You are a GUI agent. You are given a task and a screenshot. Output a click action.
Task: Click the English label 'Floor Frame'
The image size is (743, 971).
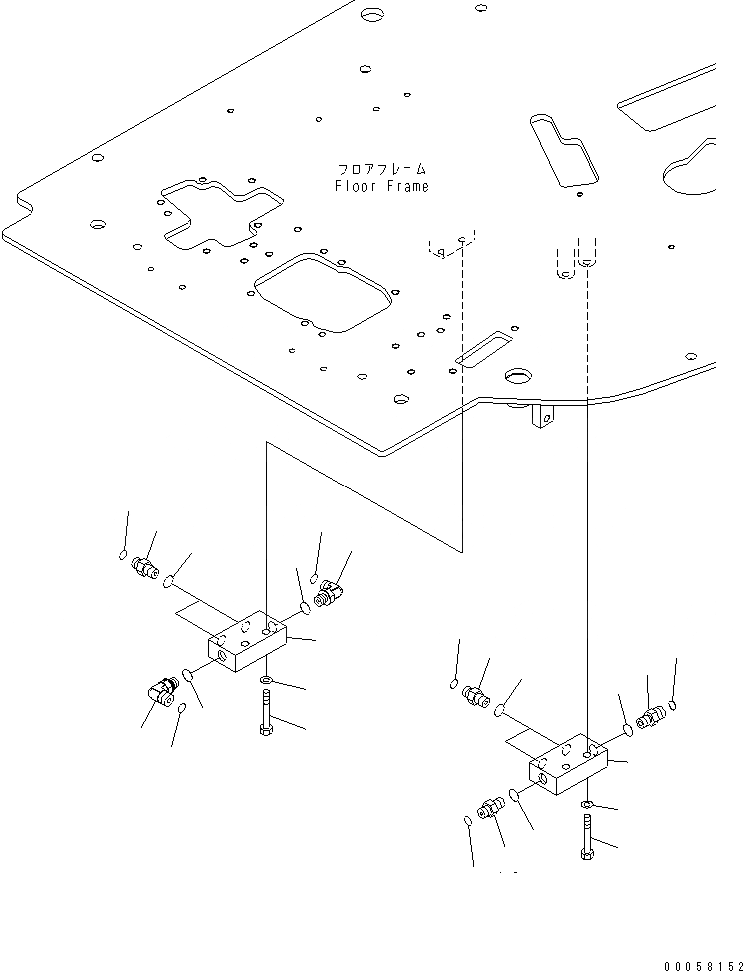point(381,187)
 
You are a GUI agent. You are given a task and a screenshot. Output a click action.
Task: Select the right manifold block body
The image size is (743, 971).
point(567,765)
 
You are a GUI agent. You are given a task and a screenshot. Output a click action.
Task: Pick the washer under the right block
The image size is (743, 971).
point(586,803)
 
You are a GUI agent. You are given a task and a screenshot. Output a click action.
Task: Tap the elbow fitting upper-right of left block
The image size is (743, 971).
point(326,597)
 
